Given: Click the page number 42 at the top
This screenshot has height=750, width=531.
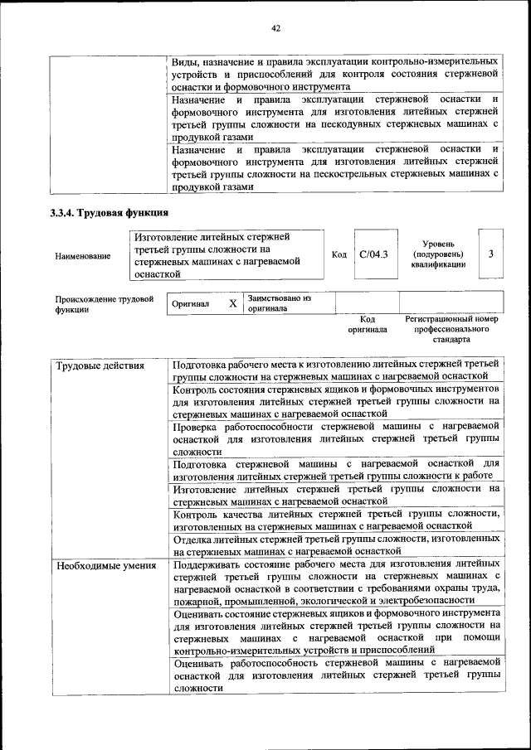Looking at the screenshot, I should (276, 28).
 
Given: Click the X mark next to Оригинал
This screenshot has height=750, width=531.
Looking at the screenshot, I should (233, 303).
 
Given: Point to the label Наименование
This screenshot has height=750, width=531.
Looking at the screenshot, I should (83, 256).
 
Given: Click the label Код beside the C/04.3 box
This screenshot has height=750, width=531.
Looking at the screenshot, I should (339, 254).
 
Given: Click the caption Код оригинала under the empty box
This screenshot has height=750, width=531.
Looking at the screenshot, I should (368, 324).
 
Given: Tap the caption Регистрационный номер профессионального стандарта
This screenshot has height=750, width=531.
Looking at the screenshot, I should (451, 329).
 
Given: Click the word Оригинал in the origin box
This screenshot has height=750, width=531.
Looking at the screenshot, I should (190, 304).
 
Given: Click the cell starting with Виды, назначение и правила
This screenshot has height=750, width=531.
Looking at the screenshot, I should (335, 74).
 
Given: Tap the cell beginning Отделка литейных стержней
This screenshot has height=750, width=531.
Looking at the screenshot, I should (335, 544).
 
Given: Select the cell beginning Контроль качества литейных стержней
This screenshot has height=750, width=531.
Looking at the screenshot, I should (335, 520).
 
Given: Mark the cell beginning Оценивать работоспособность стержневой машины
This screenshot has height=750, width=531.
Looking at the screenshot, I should (335, 675).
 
